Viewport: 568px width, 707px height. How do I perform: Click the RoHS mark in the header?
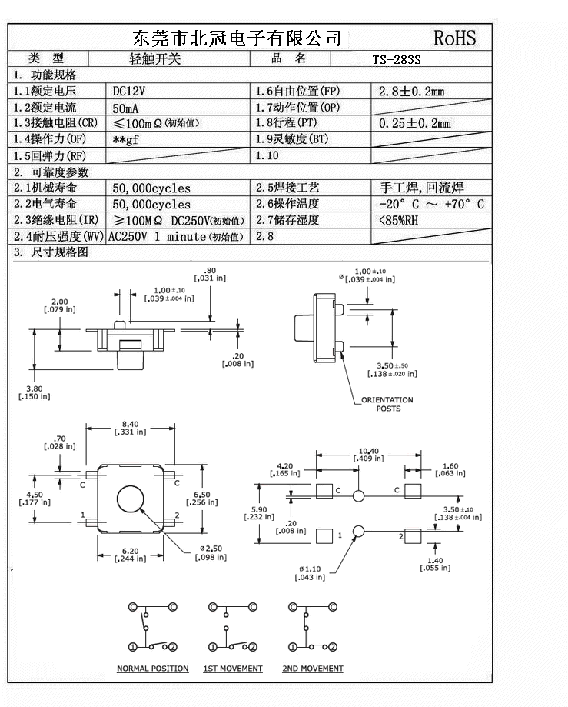point(454,38)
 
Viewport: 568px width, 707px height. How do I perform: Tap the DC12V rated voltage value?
point(129,91)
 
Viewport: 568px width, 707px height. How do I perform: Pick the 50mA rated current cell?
point(126,108)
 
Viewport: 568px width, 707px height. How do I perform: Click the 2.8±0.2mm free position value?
point(412,92)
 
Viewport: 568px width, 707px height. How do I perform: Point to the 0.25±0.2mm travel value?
point(415,124)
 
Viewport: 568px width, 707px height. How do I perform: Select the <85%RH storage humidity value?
point(398,220)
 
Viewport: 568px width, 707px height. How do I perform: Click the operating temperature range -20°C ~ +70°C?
point(431,204)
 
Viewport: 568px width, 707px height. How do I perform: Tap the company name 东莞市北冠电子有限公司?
point(237,38)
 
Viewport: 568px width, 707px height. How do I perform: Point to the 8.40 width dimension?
point(130,424)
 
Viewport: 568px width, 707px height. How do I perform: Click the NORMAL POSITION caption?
point(152,669)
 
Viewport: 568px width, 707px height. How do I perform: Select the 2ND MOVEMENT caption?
point(312,669)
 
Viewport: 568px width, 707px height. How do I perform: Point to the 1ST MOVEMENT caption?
point(232,669)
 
